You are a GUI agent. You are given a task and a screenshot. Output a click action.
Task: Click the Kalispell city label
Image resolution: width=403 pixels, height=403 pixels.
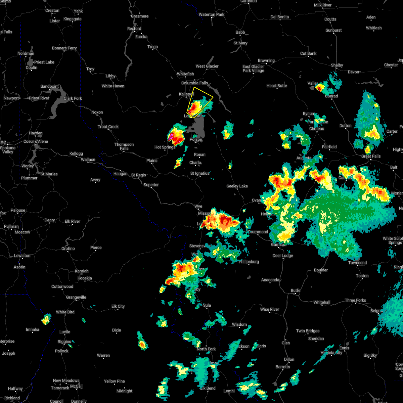coord(186,94)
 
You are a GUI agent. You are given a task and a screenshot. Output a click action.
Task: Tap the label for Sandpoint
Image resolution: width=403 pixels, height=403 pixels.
coord(50,87)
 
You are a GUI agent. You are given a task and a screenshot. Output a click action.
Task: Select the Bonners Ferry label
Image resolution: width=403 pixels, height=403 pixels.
coord(64,48)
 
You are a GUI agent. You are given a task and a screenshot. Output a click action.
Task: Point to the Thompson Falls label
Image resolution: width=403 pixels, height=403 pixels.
coord(124,146)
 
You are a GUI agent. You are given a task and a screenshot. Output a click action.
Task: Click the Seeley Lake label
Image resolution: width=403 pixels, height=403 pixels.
coord(237,186)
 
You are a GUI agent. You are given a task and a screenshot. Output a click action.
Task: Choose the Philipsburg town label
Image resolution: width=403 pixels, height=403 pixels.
coord(249,262)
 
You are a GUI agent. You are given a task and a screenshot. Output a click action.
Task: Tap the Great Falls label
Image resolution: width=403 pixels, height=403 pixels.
coord(371,156)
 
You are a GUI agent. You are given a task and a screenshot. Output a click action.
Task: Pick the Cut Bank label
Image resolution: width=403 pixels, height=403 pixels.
coord(308,53)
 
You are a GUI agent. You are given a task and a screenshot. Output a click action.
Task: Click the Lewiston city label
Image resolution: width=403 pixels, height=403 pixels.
coord(22,256)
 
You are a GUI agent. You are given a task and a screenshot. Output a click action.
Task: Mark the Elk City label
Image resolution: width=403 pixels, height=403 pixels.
coord(118,306)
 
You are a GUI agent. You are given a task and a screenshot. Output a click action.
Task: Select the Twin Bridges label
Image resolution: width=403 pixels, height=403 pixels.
coord(308,331)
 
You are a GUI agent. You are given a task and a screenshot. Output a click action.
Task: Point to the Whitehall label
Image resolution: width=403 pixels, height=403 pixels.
coord(322,302)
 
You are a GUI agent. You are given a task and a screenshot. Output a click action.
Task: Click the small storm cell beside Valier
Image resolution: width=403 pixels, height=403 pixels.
coord(320,88)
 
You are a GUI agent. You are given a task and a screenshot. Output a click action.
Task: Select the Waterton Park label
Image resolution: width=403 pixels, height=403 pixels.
coord(212,15)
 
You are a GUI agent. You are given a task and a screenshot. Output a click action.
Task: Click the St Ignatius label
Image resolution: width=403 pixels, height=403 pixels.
coord(200,174)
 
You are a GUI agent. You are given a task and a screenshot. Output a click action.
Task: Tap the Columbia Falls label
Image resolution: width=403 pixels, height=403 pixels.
coord(194,83)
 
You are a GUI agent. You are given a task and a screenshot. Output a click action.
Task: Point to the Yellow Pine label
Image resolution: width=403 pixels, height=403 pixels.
coord(114,381)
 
